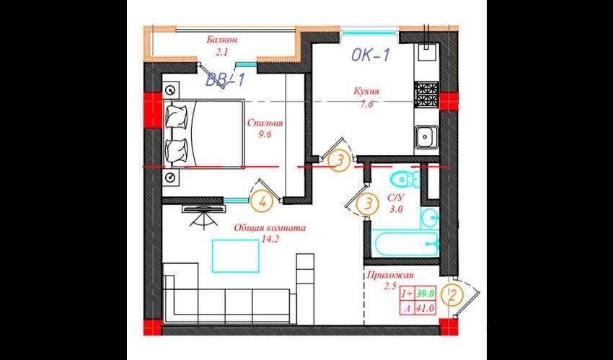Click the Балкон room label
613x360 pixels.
click(x=222, y=40)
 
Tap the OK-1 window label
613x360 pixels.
click(x=371, y=55)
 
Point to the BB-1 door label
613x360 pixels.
click(x=225, y=80)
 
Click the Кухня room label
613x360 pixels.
click(x=366, y=92)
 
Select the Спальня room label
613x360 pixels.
click(x=265, y=123)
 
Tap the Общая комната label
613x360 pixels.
click(x=270, y=227)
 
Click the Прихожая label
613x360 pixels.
click(x=389, y=276)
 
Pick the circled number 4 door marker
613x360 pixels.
click(x=263, y=202)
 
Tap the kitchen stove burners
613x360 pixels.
click(x=426, y=95)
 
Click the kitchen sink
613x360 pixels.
click(x=426, y=137)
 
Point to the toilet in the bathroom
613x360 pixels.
click(x=404, y=180)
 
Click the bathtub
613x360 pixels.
click(x=407, y=244)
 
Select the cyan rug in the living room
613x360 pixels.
click(x=236, y=255)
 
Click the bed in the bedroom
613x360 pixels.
click(x=204, y=134)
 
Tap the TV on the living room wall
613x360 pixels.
click(x=205, y=209)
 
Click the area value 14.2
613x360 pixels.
click(x=270, y=239)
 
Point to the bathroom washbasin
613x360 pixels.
click(x=430, y=218)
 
